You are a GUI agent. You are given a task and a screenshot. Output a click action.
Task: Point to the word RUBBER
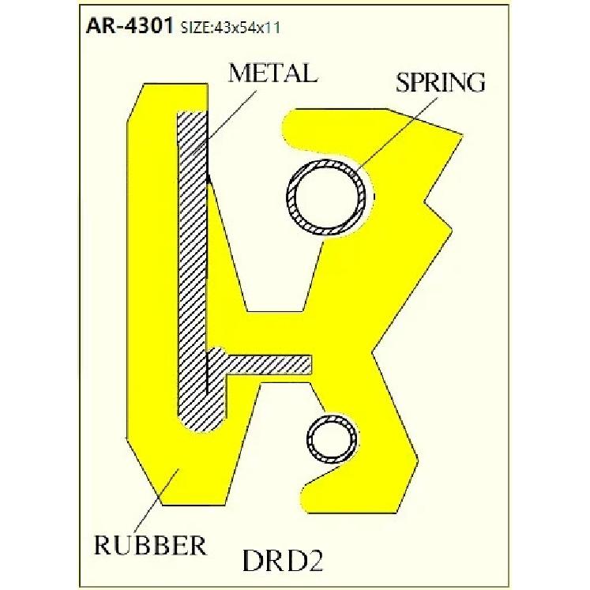[x=149, y=545]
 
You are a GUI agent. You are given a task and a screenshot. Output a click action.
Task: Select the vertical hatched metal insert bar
[x=192, y=261]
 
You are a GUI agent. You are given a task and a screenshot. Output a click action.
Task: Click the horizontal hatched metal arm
[x=269, y=363]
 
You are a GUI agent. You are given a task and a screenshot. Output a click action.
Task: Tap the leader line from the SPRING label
[x=387, y=134]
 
